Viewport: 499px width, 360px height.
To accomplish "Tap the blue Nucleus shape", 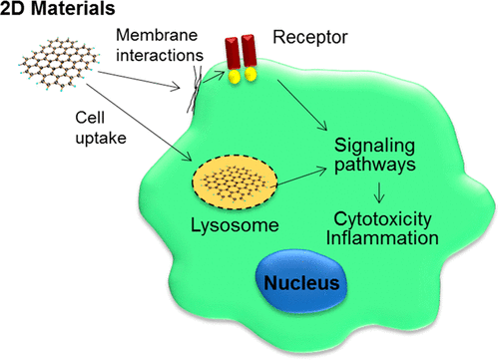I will tap(300, 284).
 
